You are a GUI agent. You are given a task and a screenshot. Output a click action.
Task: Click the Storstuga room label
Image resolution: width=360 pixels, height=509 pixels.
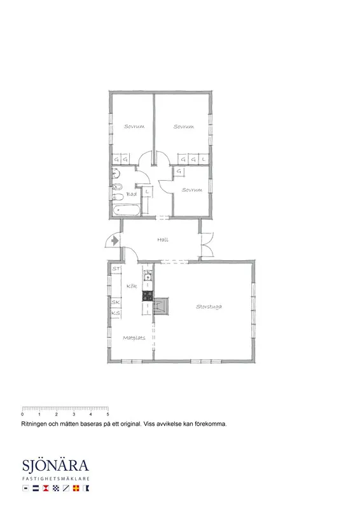[209, 307]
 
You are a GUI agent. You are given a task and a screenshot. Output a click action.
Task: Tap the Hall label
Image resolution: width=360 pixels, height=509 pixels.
[163, 240]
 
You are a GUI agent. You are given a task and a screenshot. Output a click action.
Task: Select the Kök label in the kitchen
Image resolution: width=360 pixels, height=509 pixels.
[132, 286]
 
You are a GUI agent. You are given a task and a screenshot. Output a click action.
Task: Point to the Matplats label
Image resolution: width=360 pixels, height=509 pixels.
[134, 338]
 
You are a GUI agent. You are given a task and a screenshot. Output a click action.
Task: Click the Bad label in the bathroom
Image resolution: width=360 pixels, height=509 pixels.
[132, 194]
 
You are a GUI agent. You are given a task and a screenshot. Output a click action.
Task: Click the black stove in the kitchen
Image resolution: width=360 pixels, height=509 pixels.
[148, 296]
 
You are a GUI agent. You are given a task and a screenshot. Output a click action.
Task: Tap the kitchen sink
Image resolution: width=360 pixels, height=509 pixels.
[148, 277]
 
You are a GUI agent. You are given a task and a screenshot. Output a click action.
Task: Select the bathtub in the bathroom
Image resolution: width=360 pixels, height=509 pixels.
[127, 210]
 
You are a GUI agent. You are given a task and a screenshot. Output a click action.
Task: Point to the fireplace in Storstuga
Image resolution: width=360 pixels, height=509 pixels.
[161, 306]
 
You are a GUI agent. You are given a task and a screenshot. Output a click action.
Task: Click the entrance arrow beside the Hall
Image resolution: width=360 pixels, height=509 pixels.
[114, 241]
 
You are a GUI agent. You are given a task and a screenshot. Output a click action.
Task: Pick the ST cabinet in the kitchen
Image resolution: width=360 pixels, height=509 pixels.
[116, 268]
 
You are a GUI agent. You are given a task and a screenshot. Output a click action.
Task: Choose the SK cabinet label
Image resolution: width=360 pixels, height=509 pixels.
[116, 302]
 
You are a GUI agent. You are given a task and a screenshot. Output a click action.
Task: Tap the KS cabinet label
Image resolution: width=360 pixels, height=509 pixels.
[116, 313]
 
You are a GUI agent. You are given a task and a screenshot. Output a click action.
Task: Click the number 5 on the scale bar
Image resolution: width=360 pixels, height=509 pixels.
[107, 414]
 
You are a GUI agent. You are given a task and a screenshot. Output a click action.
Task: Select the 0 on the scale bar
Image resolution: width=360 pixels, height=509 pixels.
[22, 414]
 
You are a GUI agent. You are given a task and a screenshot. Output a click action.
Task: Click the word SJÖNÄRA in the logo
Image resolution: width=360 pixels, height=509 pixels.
[55, 466]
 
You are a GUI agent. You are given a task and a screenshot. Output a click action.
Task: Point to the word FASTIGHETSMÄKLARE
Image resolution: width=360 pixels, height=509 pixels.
[56, 478]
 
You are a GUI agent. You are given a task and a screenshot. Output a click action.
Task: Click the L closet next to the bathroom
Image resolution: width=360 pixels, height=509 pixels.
[147, 192]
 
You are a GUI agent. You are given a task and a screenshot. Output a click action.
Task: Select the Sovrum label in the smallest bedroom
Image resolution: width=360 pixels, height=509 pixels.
[192, 190]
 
